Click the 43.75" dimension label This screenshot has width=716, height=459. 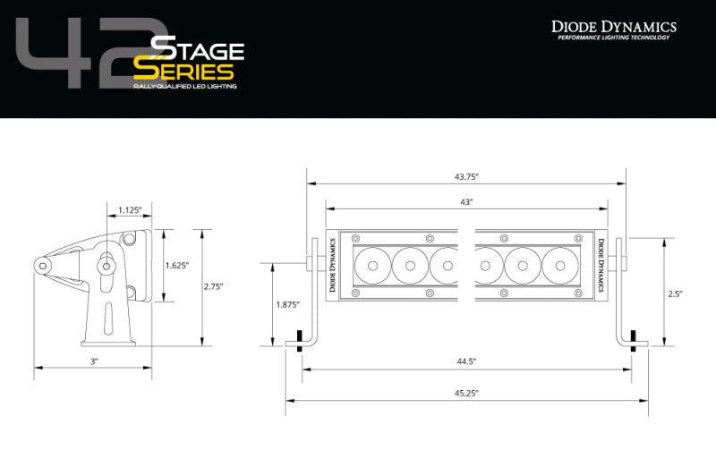465,177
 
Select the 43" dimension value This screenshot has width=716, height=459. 465,203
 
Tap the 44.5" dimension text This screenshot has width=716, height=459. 465,361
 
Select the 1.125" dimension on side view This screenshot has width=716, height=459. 131,211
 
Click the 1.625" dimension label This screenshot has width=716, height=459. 177,265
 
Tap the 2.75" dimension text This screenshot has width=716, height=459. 214,286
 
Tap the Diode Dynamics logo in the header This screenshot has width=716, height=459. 613,29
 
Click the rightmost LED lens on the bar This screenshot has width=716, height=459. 559,263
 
